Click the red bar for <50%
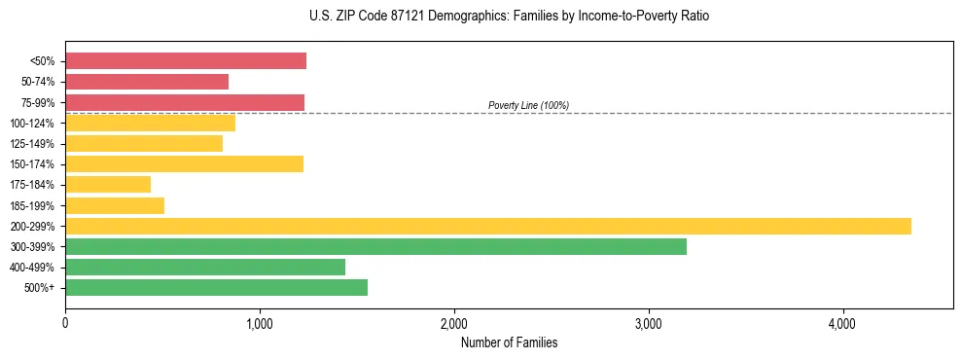click(x=186, y=61)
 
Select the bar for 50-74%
click(x=147, y=82)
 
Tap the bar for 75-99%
click(x=185, y=102)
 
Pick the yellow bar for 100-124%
click(x=150, y=123)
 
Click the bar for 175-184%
click(x=108, y=184)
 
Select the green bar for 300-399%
click(x=375, y=246)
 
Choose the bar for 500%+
click(x=216, y=287)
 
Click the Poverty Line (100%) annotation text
click(x=528, y=105)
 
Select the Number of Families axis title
click(x=509, y=342)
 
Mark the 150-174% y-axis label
click(x=32, y=164)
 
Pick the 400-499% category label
click(x=32, y=268)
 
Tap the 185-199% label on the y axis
click(x=32, y=206)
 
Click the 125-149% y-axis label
click(x=32, y=144)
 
